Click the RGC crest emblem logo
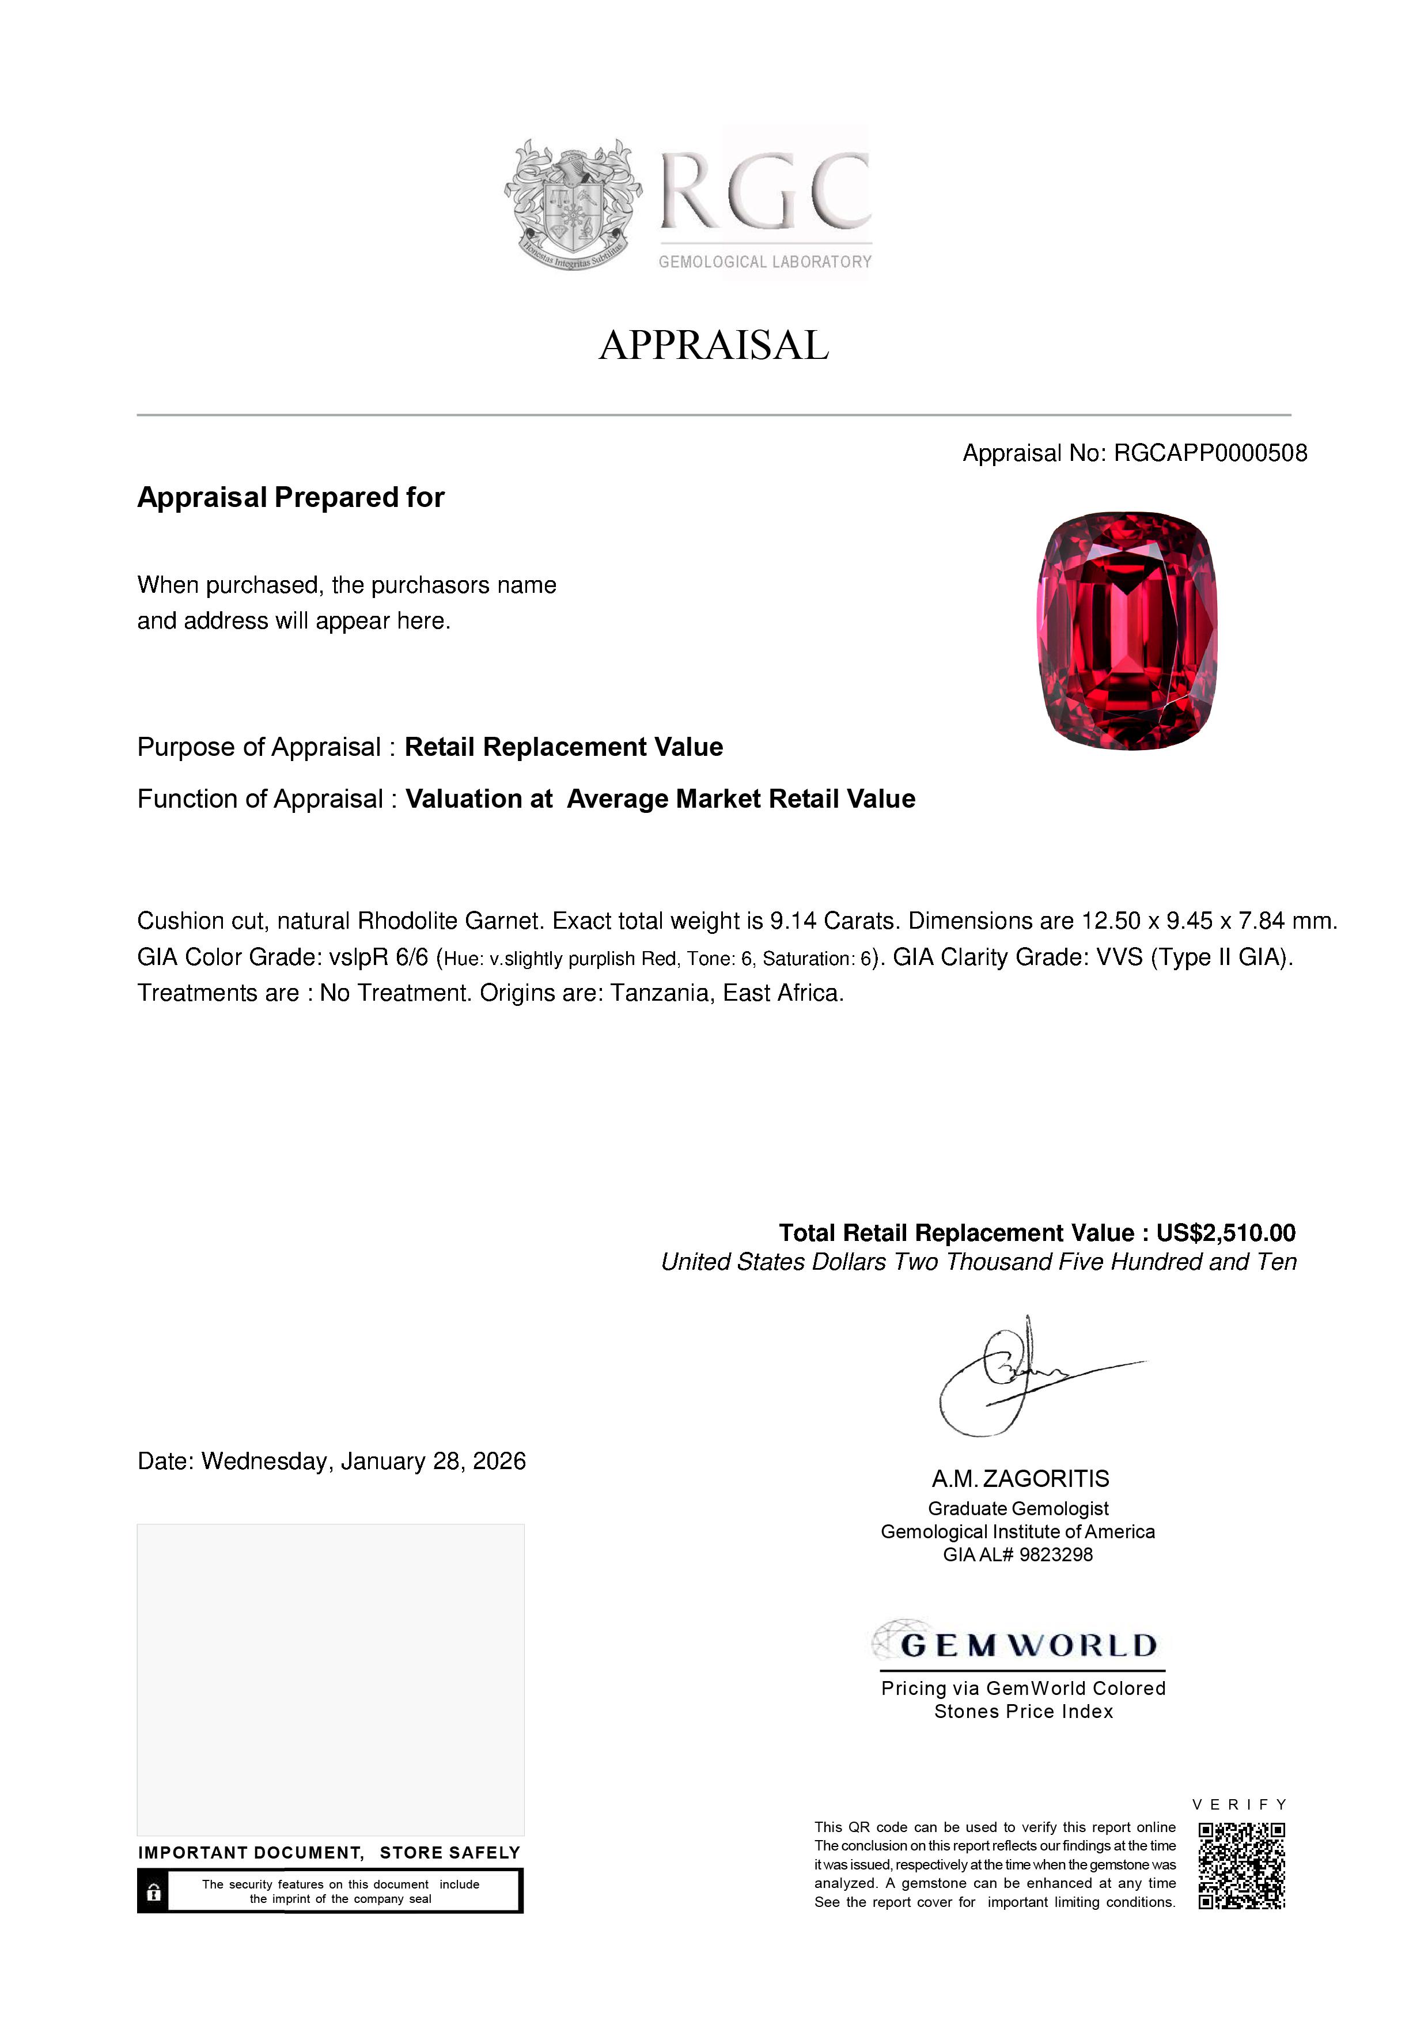point(573,204)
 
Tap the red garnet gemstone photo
point(1127,630)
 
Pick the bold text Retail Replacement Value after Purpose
point(563,747)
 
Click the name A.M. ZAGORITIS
point(1021,1479)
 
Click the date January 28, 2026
point(433,1461)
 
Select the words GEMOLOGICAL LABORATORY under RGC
point(764,262)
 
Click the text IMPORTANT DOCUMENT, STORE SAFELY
point(329,1852)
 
